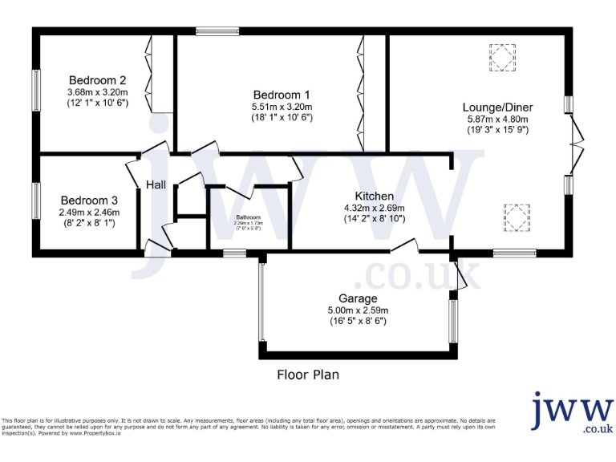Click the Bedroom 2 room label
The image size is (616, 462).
click(x=97, y=80)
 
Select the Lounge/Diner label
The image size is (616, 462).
click(x=497, y=107)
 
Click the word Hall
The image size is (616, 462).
click(x=156, y=185)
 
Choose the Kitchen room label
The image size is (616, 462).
click(x=375, y=196)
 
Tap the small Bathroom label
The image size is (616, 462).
click(x=248, y=217)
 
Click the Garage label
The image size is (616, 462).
click(x=358, y=298)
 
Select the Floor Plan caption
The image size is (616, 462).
click(x=308, y=375)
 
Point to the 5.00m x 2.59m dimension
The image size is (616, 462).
click(x=358, y=310)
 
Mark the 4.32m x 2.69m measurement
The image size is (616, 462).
click(x=375, y=207)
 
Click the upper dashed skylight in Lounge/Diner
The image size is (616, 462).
click(x=503, y=58)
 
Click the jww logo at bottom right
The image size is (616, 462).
click(x=571, y=413)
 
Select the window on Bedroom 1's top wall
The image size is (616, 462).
click(x=217, y=31)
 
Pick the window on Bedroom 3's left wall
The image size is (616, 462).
click(x=36, y=201)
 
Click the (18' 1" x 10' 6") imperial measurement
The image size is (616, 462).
click(x=281, y=117)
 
